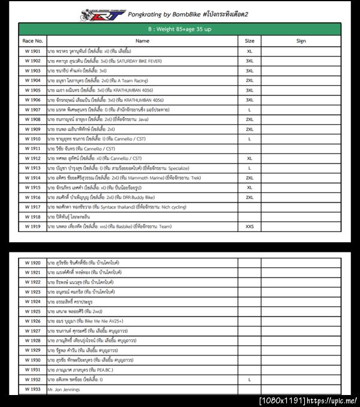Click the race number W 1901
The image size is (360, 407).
point(32,52)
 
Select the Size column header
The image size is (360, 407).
point(250,41)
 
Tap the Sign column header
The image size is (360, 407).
point(301,41)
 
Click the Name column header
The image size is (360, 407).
point(142,41)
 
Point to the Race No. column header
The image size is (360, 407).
point(32,41)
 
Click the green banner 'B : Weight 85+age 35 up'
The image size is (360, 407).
point(179,29)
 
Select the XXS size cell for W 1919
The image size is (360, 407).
point(250,227)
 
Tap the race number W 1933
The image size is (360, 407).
point(32,390)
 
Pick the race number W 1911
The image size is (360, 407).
point(32,149)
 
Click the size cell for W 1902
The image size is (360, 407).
point(250,61)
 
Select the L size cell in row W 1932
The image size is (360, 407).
point(250,380)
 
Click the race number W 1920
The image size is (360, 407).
point(32,263)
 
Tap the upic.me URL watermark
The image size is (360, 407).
point(333,400)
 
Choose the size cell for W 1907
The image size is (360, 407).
point(250,110)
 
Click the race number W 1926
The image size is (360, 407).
point(32,321)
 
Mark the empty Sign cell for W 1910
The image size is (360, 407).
point(301,139)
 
